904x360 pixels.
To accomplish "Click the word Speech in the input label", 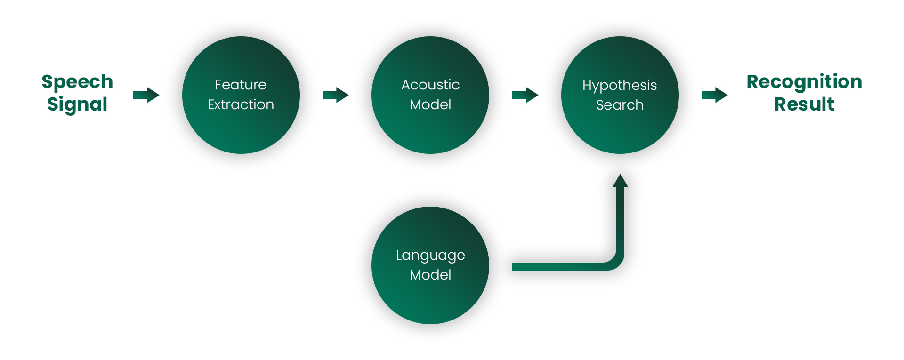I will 77,82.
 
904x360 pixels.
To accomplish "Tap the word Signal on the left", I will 77,104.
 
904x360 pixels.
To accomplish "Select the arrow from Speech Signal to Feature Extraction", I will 146,95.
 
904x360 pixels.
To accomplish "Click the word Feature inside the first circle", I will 241,85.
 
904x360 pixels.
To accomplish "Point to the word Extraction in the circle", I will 241,104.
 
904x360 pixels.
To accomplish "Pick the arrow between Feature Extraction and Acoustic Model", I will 335,95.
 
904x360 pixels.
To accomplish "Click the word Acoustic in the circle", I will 430,85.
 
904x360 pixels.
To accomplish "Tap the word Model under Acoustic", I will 430,104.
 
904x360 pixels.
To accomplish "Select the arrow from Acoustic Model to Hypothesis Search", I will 525,95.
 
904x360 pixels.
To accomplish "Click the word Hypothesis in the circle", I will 620,85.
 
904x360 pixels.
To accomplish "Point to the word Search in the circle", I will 620,105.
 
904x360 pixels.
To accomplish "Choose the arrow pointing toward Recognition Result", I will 714,95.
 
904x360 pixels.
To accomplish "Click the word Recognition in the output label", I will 804,82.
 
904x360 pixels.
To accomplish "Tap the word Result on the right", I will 804,104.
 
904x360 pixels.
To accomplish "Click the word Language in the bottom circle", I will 430,255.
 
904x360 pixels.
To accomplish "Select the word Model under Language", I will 430,275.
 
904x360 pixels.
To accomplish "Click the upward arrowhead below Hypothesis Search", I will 620,181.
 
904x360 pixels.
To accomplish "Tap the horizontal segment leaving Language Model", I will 556,266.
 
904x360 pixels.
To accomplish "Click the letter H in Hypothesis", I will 587,85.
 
